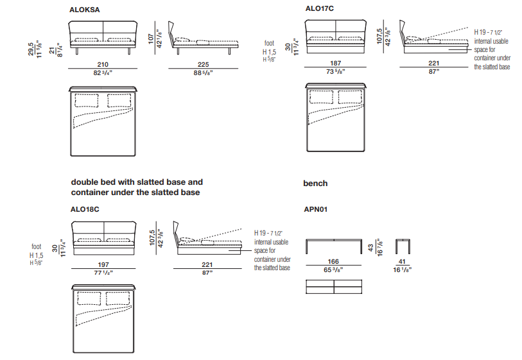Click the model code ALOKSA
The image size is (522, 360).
(84, 10)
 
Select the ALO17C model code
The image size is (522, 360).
(320, 9)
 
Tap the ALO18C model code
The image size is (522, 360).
(84, 209)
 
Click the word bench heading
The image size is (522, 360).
(315, 184)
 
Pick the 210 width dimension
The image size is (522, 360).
(103, 64)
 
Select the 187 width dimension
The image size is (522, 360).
(335, 64)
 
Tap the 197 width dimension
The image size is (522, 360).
(103, 264)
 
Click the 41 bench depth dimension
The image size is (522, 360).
(403, 262)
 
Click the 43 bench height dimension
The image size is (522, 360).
(370, 246)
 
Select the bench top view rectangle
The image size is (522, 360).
(335, 287)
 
